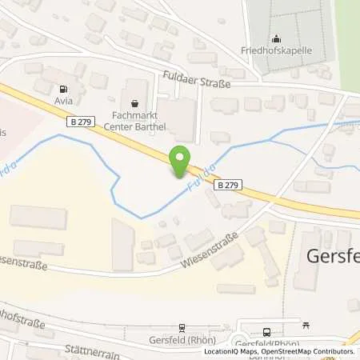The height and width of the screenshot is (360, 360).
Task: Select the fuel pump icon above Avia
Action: click(64, 90)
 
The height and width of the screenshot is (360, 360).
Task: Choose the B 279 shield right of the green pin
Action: click(226, 183)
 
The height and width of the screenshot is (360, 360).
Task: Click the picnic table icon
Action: click(306, 326)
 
